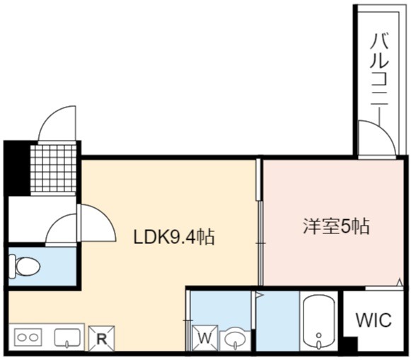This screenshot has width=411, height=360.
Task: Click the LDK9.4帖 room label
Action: pyautogui.click(x=174, y=237)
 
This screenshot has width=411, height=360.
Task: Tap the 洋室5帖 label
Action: pyautogui.click(x=336, y=226)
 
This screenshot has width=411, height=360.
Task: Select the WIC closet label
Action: pyautogui.click(x=374, y=320)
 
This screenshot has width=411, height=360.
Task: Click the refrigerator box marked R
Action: pyautogui.click(x=101, y=338)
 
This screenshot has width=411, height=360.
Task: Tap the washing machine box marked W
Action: pyautogui.click(x=205, y=338)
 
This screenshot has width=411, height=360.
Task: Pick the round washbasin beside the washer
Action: pyautogui.click(x=235, y=340)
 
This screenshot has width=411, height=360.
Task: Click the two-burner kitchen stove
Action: pyautogui.click(x=28, y=337)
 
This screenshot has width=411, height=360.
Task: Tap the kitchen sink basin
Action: pyautogui.click(x=67, y=337)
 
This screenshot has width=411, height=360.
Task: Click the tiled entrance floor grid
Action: pyautogui.click(x=53, y=169)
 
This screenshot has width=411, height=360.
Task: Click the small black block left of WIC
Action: pyautogui.click(x=350, y=344)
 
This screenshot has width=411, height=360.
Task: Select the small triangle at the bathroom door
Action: pyautogui.click(x=259, y=295)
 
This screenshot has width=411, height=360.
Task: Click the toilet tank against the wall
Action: pyautogui.click(x=12, y=267)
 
